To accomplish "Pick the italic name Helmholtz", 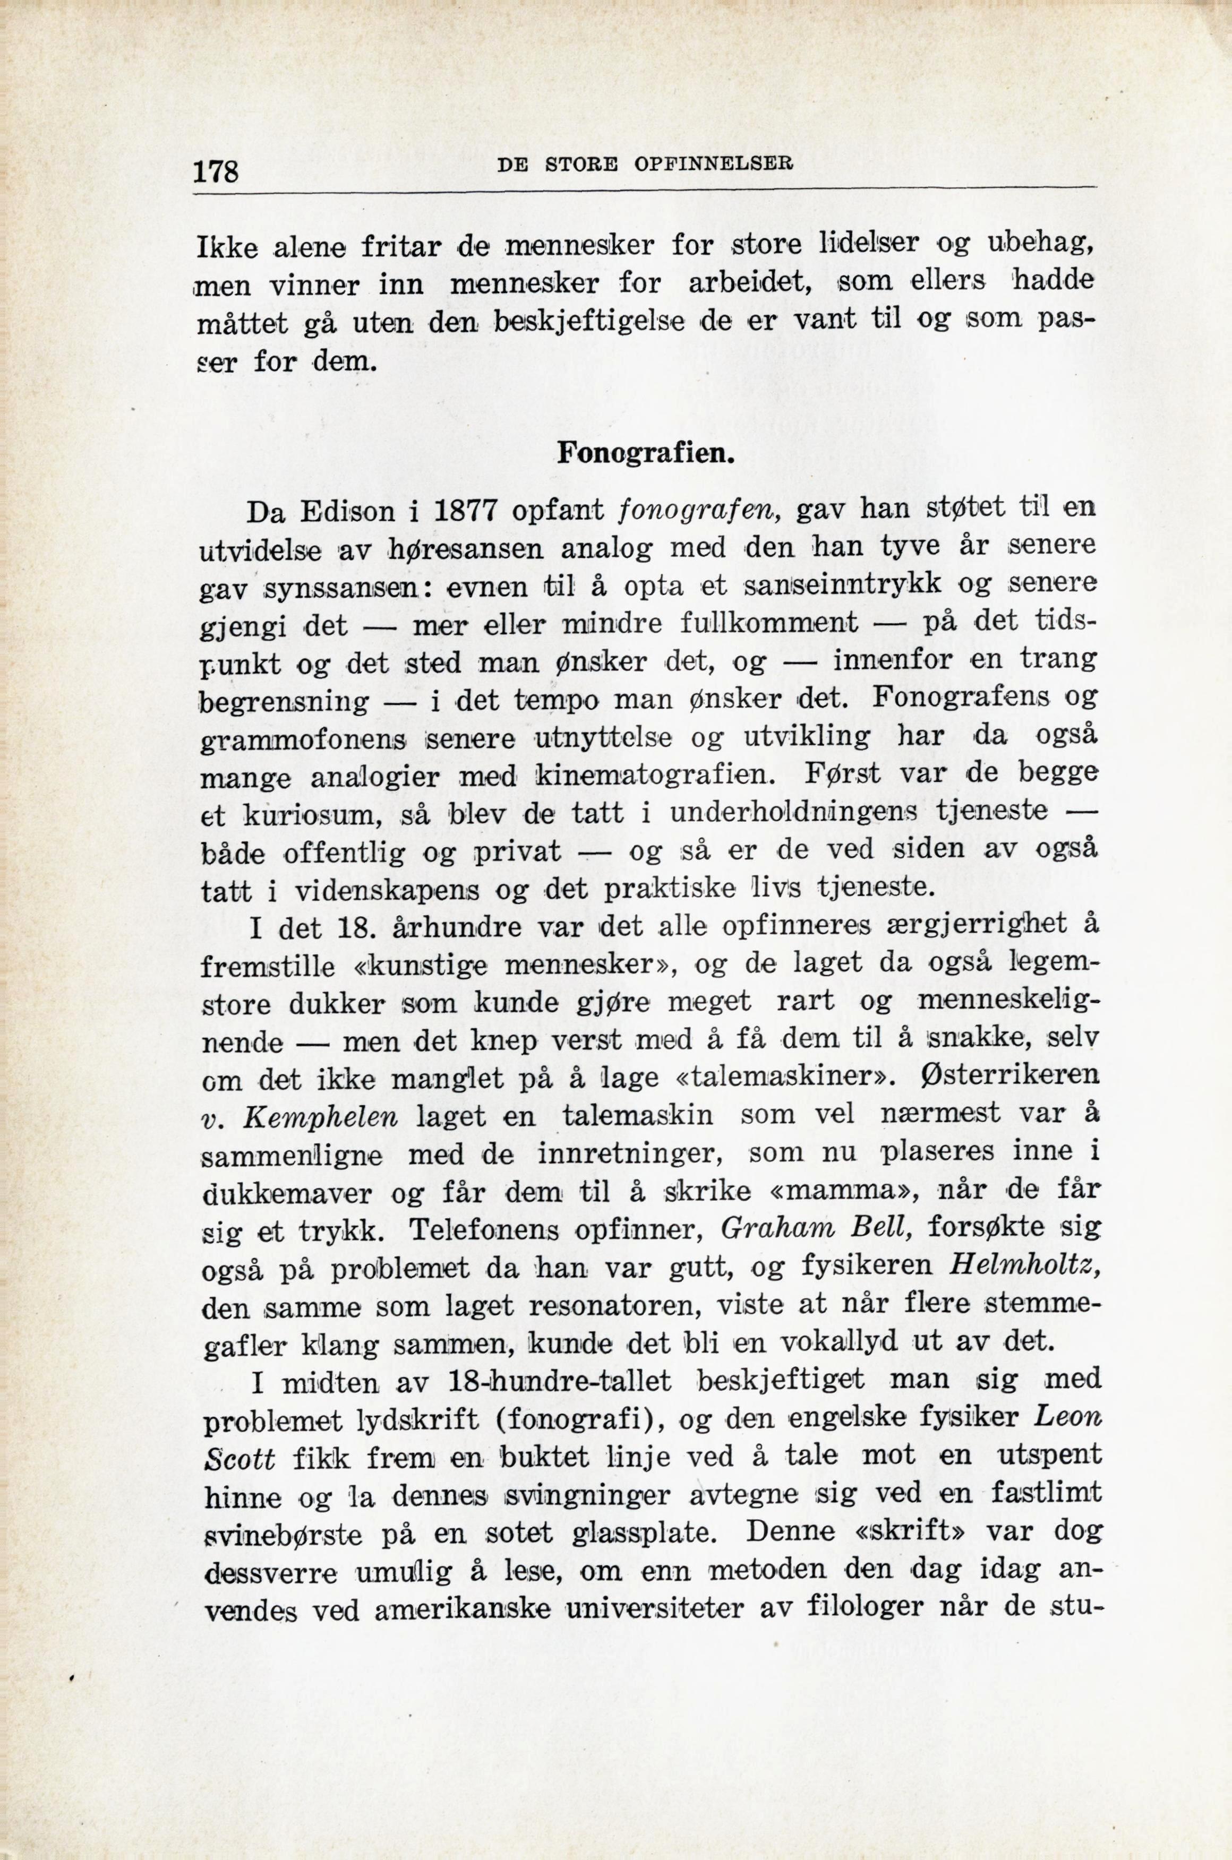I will coord(1023,1266).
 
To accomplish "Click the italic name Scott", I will coord(239,1459).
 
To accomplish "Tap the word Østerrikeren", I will coord(1011,1075).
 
